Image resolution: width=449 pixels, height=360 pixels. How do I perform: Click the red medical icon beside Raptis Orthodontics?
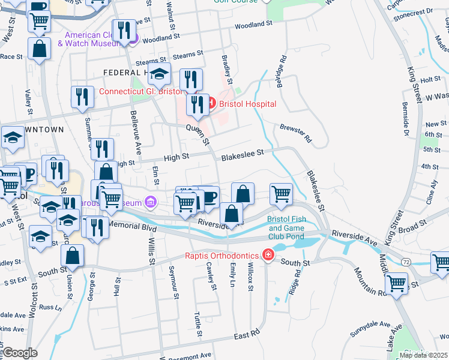pyautogui.click(x=268, y=256)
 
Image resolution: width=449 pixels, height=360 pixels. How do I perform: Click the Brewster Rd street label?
pyautogui.click(x=295, y=133)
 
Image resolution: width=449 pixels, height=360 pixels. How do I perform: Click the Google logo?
pyautogui.click(x=20, y=353)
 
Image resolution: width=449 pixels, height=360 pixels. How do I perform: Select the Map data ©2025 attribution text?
pyautogui.click(x=423, y=355)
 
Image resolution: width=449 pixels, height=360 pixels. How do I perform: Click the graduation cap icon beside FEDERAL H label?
pyautogui.click(x=158, y=74)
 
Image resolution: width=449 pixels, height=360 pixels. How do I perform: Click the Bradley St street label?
pyautogui.click(x=227, y=71)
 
